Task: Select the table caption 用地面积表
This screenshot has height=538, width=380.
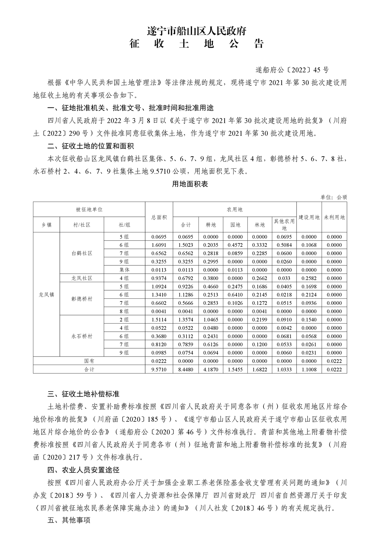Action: click(190, 184)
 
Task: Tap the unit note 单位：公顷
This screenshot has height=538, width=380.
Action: click(333, 197)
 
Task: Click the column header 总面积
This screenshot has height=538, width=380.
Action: click(159, 218)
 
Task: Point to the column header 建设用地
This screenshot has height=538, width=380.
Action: click(309, 218)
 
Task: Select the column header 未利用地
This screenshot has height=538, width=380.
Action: click(334, 218)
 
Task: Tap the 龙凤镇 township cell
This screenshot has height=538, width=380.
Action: click(47, 295)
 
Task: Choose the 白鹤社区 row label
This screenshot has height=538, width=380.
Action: click(82, 254)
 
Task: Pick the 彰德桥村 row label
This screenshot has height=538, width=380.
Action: click(82, 299)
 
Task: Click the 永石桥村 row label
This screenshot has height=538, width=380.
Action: click(82, 336)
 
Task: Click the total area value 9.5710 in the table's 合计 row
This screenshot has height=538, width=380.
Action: click(159, 369)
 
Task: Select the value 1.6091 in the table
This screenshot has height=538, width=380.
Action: click(159, 245)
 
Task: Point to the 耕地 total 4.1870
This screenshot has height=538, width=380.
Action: click(211, 369)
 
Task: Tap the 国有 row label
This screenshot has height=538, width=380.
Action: click(89, 361)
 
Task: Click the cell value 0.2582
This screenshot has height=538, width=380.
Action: click(309, 278)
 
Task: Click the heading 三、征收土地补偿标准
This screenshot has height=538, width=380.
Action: click(83, 394)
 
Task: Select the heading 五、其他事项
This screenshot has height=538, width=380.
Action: click(69, 530)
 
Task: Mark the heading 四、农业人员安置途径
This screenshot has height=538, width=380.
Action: click(83, 470)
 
